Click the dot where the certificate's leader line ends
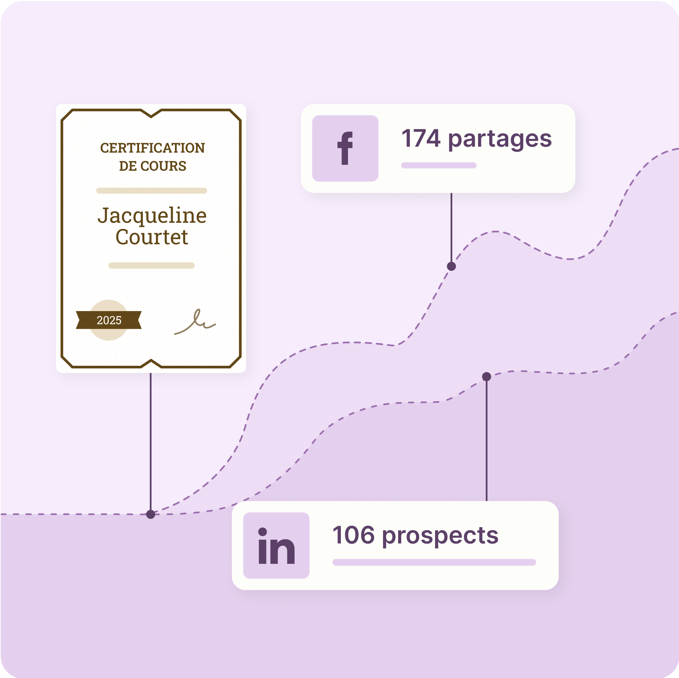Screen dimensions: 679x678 click(151, 514)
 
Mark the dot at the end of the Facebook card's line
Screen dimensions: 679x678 click(451, 267)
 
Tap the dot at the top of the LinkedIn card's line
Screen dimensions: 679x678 click(487, 376)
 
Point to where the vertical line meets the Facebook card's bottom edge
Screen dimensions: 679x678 click(451, 193)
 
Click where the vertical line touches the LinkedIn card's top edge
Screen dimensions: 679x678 click(487, 501)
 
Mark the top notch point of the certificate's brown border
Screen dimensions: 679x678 click(151, 117)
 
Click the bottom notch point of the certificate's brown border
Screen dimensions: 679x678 click(151, 360)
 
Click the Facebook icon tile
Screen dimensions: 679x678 click(345, 149)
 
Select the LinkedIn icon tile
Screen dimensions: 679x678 click(276, 545)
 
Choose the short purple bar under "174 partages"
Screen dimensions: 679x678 click(439, 165)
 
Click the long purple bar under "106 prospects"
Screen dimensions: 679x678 click(434, 562)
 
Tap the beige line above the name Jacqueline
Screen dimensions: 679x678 click(152, 191)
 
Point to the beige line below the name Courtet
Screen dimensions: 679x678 click(152, 265)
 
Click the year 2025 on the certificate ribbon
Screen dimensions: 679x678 click(109, 320)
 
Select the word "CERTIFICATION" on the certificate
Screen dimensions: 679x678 click(152, 148)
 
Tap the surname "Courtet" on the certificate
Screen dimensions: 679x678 click(152, 237)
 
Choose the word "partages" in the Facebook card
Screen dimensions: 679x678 click(500, 140)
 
